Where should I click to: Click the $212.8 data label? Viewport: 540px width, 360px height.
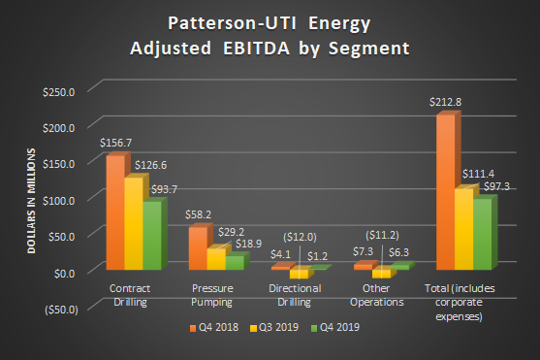[445, 101]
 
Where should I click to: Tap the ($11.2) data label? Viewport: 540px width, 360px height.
[384, 236]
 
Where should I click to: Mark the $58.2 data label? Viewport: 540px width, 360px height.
[199, 213]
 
